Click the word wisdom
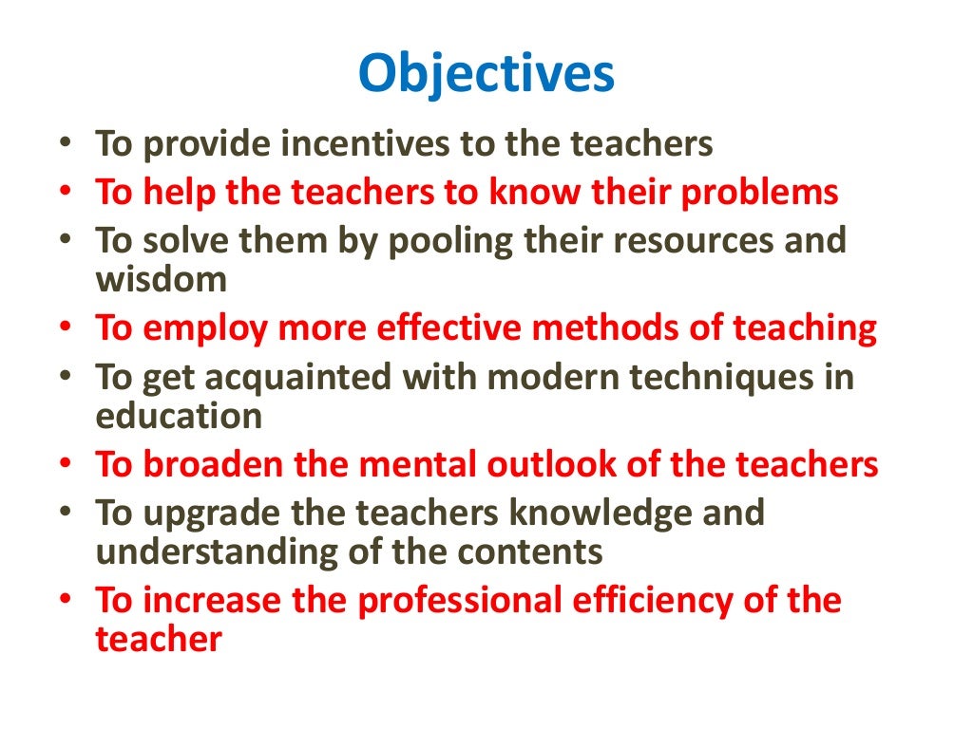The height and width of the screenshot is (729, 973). coord(162,279)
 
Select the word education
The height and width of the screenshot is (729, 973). coord(179,416)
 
